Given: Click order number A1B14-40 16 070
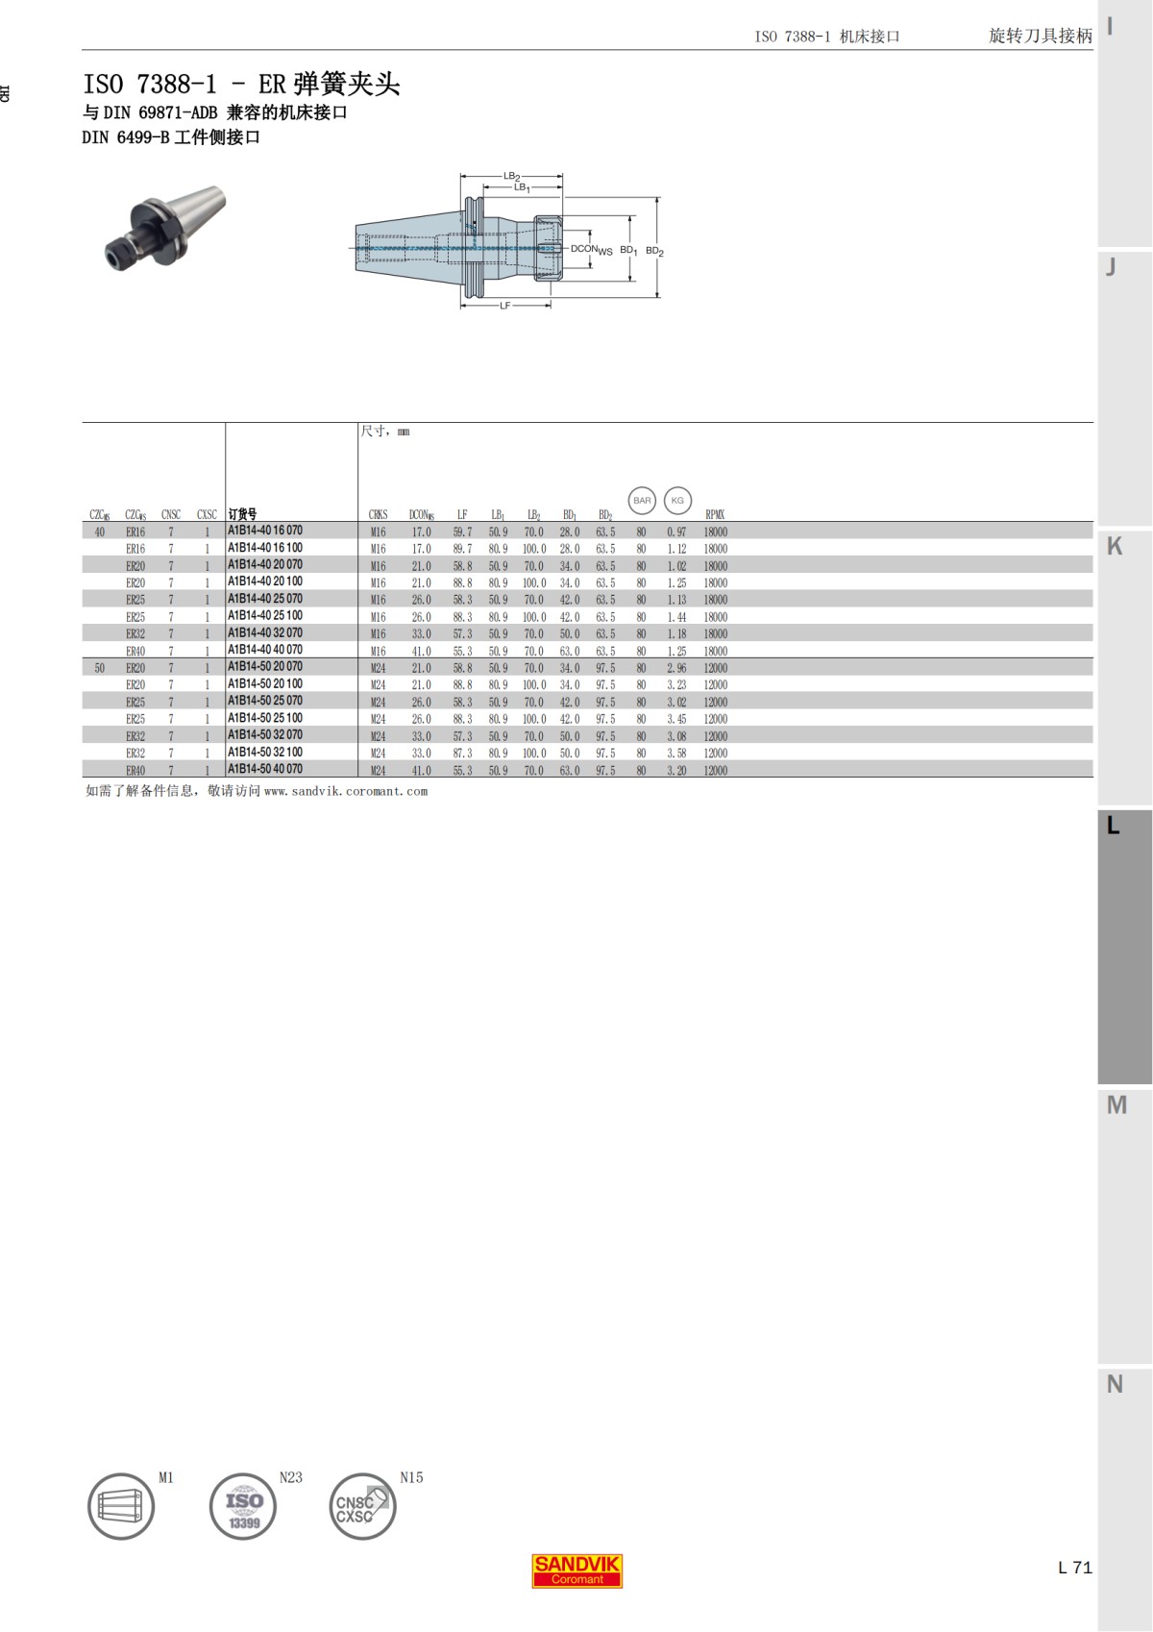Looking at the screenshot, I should point(265,531).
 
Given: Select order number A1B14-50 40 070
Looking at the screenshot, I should point(265,769).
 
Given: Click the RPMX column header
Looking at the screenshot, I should point(715,515).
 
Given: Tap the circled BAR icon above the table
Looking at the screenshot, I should point(642,500).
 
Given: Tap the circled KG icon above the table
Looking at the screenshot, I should point(677,500).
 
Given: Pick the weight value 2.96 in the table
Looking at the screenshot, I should point(676,668).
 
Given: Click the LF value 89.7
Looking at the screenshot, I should point(462,549).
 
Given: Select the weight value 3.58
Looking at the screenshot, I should point(676,754).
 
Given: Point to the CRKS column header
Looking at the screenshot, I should point(378,515).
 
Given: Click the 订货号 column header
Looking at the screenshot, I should point(242,514).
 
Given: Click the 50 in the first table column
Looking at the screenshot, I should point(99,668).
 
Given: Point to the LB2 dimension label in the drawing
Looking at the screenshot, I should point(512,177).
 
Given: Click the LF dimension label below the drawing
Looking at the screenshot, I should point(505,306).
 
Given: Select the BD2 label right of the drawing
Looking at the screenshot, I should point(654,251).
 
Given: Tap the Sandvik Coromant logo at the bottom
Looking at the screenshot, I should point(577,1570).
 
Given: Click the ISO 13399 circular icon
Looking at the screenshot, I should point(243,1506).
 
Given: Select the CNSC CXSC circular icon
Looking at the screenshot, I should point(362,1506).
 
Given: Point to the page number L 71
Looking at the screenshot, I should point(1074,1568).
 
